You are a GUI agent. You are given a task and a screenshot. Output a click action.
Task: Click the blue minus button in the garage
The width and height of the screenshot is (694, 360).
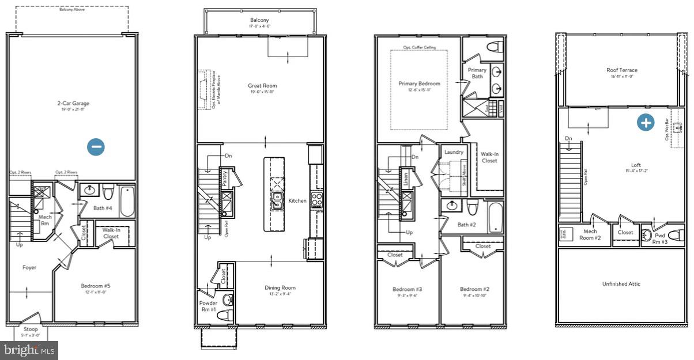96,147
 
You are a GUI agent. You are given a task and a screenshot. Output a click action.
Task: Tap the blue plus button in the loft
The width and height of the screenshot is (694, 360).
646,123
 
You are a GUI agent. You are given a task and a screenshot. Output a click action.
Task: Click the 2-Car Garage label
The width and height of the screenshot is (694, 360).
73,104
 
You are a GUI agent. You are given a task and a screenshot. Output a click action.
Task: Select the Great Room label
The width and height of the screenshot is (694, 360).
262,85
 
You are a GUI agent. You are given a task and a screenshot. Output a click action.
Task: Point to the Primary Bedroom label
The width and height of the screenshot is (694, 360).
419,84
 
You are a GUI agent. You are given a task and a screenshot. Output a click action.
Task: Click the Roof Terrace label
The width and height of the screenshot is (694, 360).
622,70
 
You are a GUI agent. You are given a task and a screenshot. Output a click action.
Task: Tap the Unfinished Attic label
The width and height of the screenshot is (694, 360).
621,284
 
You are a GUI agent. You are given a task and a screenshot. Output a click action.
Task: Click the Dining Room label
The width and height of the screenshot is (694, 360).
280,288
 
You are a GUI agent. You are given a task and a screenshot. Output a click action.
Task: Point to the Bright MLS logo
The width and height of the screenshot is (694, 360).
29,349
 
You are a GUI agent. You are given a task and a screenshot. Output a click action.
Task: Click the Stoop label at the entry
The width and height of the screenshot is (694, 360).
31,329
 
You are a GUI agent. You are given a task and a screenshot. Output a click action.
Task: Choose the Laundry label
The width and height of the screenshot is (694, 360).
454,152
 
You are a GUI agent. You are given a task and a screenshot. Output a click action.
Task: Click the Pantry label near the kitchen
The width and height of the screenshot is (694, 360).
225,177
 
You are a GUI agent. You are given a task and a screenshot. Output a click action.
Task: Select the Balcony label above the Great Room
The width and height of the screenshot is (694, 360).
259,20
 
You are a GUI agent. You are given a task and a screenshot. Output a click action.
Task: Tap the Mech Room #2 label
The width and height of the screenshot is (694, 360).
590,235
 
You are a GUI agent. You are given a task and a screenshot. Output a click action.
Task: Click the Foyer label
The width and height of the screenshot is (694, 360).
29,267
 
